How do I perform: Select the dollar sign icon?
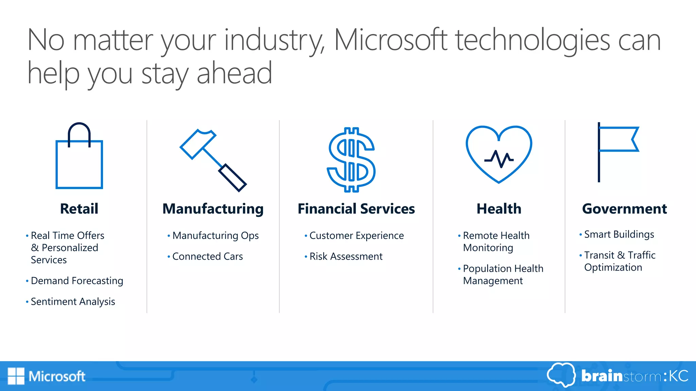point(351,160)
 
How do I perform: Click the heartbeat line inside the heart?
point(499,159)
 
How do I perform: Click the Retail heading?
point(79,209)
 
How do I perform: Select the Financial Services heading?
point(356,209)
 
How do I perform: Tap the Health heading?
point(499,209)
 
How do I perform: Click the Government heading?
point(625,209)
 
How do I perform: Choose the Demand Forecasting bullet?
point(77,281)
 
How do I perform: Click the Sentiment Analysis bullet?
point(73,301)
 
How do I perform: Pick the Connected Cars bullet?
point(207,256)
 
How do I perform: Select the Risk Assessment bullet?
point(346,256)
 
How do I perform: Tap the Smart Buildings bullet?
point(619,234)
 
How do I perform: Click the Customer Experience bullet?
point(356,236)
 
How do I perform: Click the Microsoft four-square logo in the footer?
point(16,376)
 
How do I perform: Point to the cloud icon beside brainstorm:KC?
point(561,375)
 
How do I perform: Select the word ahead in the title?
point(234,73)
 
